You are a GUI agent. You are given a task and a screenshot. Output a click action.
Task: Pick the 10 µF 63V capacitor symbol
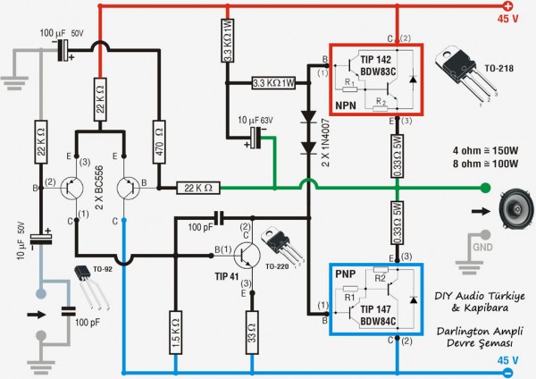(256, 138)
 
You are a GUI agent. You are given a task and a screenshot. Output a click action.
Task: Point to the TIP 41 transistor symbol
(244, 253)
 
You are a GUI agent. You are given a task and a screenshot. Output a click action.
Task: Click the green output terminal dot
(485, 188)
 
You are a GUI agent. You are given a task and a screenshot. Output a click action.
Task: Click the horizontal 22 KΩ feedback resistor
(193, 188)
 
